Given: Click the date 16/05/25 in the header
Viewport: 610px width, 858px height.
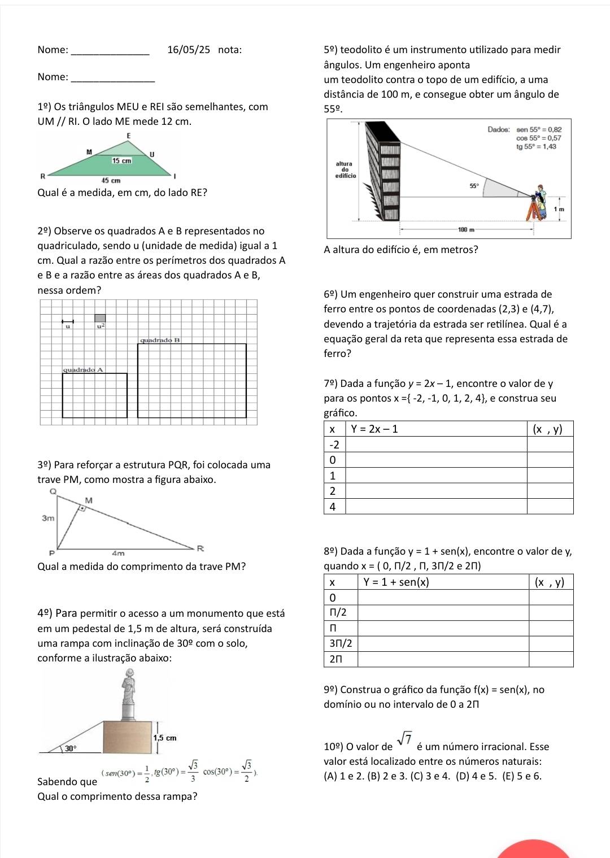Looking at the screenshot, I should (x=189, y=50).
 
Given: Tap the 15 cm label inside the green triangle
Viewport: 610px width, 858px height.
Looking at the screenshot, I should (x=121, y=161).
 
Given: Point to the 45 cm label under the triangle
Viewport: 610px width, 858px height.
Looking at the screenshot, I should (x=111, y=181).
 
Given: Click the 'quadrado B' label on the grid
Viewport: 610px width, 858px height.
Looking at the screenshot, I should (x=160, y=341).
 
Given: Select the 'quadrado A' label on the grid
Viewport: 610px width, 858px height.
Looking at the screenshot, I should (x=83, y=369).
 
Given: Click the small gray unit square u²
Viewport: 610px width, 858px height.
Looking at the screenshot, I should (x=100, y=319).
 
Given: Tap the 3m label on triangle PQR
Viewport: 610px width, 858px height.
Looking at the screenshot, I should (x=48, y=518).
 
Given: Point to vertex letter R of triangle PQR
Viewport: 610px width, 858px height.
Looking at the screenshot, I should (x=200, y=548).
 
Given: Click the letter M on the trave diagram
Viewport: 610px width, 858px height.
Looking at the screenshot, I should (x=88, y=500).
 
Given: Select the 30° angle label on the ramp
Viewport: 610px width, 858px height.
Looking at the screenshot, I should (x=70, y=748).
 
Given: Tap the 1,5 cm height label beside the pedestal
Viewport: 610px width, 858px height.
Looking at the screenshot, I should (x=165, y=738).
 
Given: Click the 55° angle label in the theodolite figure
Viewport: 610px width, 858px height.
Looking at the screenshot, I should (x=475, y=185).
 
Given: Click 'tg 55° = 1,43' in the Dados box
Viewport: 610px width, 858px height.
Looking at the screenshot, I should (x=537, y=147).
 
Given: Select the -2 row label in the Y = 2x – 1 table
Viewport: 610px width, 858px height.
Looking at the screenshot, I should (x=334, y=444).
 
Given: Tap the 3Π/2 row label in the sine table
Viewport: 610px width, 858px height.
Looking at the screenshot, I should (x=341, y=643).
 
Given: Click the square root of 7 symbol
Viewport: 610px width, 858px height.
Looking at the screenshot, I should (x=404, y=738).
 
